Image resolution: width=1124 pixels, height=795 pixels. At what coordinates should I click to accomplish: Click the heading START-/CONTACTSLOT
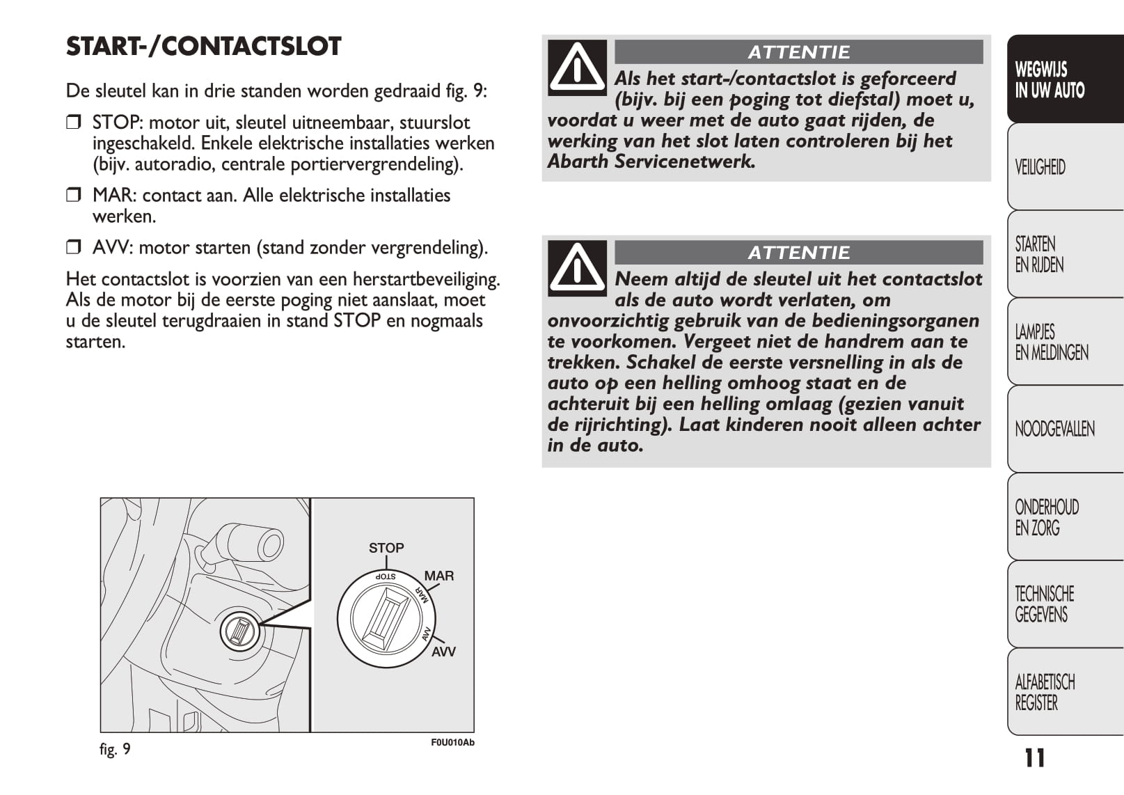tap(203, 47)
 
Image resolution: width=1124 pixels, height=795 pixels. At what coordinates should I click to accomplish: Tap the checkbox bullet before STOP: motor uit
tap(73, 123)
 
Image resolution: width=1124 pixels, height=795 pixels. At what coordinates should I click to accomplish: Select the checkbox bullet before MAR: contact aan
tap(73, 196)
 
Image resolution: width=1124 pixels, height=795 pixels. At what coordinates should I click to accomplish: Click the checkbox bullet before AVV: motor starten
tap(73, 248)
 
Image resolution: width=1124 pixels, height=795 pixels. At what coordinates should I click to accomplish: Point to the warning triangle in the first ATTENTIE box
tap(577, 68)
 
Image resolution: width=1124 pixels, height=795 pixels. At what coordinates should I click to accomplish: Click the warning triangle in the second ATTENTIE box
tap(577, 268)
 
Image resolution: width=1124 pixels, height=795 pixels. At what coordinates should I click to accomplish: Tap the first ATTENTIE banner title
tap(798, 52)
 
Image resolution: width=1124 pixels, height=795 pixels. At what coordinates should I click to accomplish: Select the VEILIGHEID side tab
tap(1065, 167)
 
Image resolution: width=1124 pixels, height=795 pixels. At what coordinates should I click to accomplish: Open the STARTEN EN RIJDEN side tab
tap(1065, 254)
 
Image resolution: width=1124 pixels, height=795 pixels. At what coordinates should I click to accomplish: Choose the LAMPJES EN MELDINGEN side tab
tap(1065, 342)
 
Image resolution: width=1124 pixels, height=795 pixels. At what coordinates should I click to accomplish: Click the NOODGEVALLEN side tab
tap(1065, 429)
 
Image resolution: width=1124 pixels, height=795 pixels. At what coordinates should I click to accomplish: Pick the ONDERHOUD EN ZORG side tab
tap(1065, 517)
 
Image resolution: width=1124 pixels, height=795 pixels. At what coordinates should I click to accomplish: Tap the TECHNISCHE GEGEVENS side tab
tap(1065, 604)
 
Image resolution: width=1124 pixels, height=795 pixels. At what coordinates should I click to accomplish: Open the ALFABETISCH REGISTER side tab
tap(1065, 692)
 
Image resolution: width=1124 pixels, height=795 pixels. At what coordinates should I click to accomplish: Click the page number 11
tap(1034, 758)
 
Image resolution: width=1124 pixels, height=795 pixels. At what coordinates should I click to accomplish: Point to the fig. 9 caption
tap(115, 749)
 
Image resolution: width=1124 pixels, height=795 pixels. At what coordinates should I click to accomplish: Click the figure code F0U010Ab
tap(452, 743)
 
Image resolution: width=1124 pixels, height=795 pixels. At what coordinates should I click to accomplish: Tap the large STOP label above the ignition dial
tap(386, 548)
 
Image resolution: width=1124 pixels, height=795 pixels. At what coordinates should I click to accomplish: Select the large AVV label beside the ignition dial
tap(443, 652)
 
